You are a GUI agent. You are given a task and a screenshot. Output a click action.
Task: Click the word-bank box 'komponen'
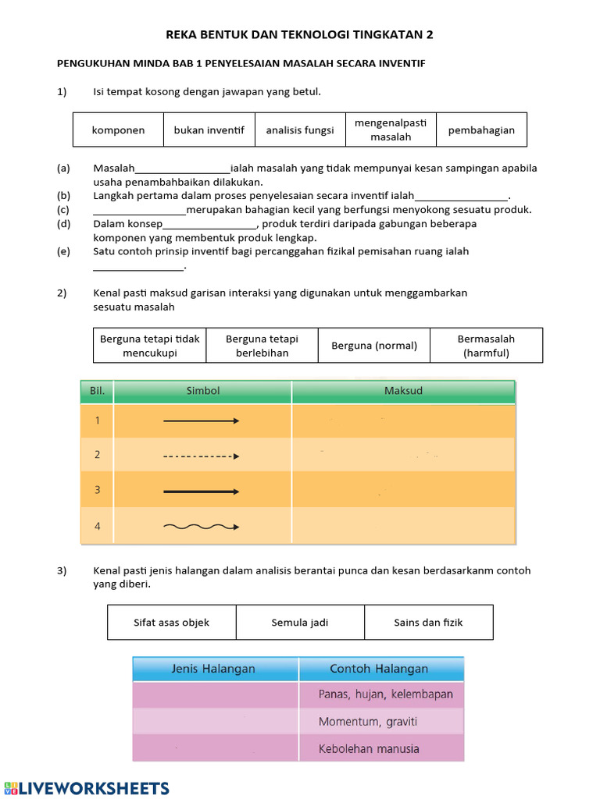pos(118,130)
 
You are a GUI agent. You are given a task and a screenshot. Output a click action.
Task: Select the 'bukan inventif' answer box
pos(209,130)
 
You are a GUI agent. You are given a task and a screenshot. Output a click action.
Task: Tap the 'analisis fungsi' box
pos(300,130)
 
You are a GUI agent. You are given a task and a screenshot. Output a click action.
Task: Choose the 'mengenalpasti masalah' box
pos(391,130)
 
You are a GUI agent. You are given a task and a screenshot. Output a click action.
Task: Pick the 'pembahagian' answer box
pos(481,130)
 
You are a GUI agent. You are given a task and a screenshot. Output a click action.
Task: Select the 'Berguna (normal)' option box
pos(374,346)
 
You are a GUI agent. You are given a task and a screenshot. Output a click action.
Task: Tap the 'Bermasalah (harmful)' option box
pos(486,346)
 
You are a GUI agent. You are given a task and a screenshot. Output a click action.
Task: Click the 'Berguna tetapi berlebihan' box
pos(262,346)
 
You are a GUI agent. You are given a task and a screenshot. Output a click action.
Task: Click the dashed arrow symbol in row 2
pos(202,456)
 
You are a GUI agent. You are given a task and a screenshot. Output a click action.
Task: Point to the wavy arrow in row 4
pos(202,527)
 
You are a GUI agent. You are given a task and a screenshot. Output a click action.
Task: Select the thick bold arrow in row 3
pos(202,492)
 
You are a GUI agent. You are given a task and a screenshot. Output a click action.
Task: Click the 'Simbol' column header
pos(203,391)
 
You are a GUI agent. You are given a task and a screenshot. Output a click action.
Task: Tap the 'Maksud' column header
pos(403,391)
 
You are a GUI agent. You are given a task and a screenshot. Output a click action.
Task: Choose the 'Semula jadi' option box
pos(300,623)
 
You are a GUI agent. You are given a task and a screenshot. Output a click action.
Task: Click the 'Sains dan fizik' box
pos(428,623)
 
